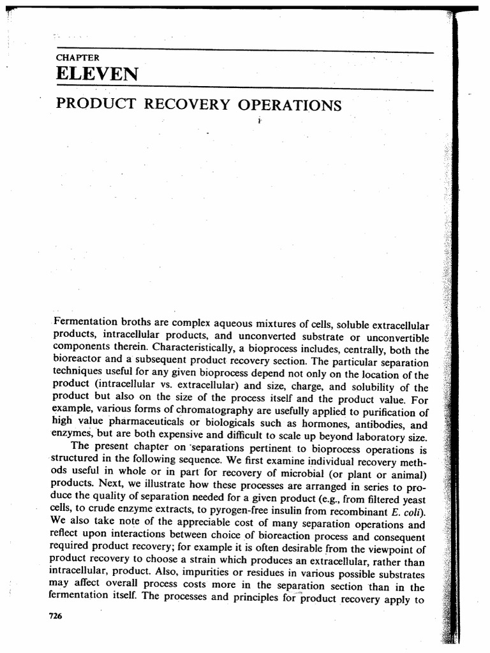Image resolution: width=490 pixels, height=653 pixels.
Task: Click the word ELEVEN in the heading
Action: pyautogui.click(x=96, y=75)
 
